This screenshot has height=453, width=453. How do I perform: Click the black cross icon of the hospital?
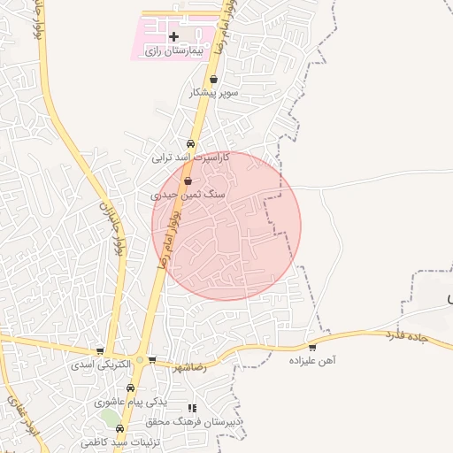coord(173,37)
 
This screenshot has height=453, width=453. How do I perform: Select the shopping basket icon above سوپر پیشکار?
coord(214,79)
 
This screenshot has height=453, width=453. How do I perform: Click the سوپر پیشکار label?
coord(213,92)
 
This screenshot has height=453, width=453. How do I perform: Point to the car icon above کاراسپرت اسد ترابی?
coord(191,144)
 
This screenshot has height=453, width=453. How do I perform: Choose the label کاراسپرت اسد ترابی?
coord(190,157)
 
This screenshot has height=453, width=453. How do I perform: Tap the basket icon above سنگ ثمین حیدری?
coord(188,180)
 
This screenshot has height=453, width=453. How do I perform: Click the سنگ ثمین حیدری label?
coord(188,194)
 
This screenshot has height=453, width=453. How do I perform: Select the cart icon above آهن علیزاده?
coord(311,347)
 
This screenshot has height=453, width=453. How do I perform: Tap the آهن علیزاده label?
coord(312,360)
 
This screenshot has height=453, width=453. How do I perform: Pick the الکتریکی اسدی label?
coord(101,364)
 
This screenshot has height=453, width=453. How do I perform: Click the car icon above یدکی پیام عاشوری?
coord(130,388)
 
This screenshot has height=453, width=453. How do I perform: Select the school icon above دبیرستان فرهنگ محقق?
coord(192,409)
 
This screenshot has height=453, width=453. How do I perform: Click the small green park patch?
coord(110,416)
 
